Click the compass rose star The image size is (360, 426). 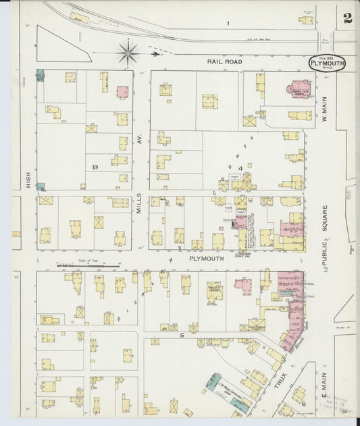pos(128,51)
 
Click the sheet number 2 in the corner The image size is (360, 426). pos(347,18)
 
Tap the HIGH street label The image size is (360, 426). pos(28,179)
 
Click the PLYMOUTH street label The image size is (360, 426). pos(206,257)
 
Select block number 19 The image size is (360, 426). pos(96,165)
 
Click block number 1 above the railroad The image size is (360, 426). pos(228,24)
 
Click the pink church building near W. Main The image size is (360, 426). pos(298,89)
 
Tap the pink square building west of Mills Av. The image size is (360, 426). pos(122,92)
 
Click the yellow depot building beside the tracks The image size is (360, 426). pos(79,17)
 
